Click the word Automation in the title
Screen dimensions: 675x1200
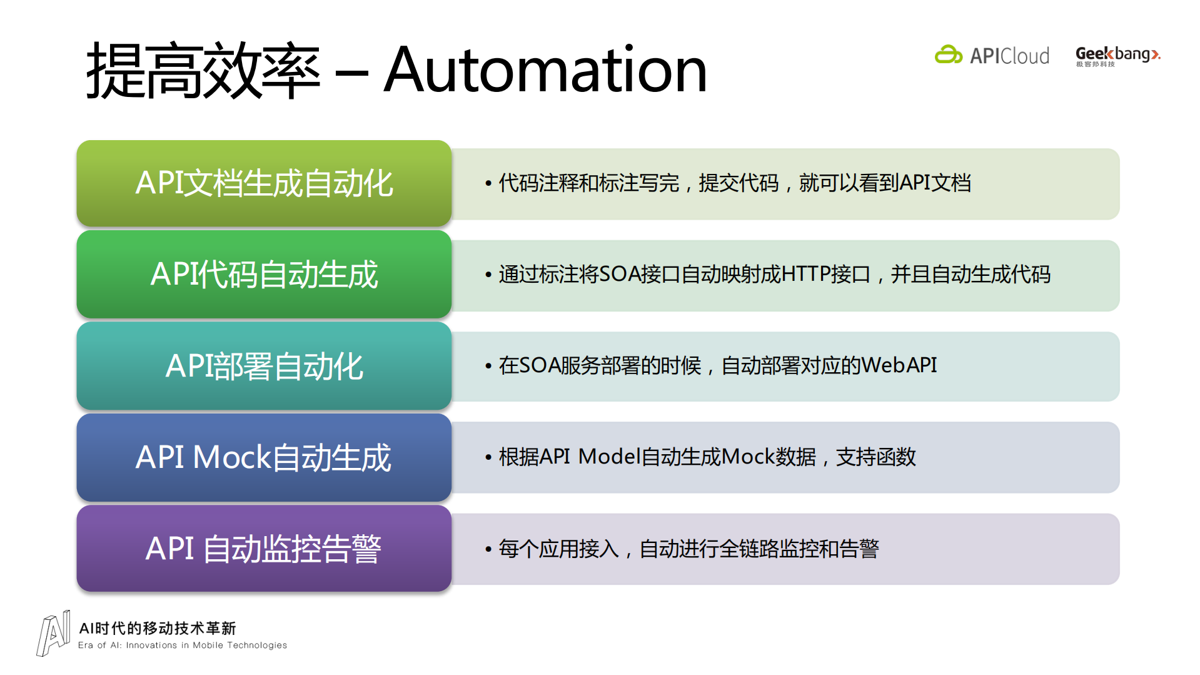point(545,70)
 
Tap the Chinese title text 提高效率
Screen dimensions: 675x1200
point(203,70)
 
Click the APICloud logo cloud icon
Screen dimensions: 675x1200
point(948,55)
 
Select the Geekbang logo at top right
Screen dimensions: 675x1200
point(1117,56)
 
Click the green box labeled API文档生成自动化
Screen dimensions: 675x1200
point(264,183)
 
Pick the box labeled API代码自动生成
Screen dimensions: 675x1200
point(264,275)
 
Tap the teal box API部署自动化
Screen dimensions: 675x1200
point(264,366)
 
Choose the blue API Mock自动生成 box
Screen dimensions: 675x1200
point(264,457)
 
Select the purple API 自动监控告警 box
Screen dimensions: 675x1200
point(264,549)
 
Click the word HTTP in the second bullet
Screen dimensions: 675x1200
point(805,274)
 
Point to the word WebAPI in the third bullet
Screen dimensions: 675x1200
point(899,365)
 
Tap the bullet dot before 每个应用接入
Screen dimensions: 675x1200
point(488,549)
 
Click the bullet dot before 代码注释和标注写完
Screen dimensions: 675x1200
point(488,183)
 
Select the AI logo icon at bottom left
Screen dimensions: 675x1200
point(54,633)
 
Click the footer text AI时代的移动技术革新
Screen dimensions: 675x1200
point(158,628)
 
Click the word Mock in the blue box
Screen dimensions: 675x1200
point(231,457)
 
